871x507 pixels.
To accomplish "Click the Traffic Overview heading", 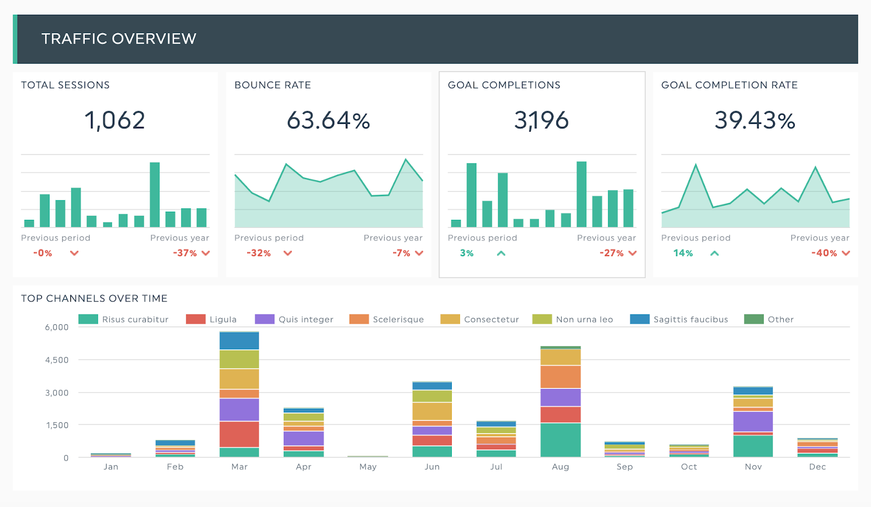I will click(119, 39).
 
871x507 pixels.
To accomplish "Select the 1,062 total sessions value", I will click(115, 120).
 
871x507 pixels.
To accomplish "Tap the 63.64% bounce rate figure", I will click(328, 120).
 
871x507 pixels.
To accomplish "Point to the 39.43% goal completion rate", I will click(755, 120).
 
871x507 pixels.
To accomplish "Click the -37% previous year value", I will click(185, 253).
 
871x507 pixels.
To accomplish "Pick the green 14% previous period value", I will click(683, 253).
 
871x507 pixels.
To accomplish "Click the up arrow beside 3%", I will click(501, 253).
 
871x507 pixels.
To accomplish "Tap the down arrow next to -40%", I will click(845, 253).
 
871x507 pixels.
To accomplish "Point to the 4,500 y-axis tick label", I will click(57, 360).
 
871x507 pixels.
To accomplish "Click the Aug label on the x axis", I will click(560, 467).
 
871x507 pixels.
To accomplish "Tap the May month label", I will click(368, 467).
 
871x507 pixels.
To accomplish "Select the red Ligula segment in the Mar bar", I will click(239, 434).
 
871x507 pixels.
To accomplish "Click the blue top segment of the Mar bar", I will click(239, 341).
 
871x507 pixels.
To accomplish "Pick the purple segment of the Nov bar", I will click(753, 422).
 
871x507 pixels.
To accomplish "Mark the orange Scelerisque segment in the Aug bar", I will click(560, 376).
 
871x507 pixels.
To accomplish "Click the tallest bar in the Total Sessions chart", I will click(155, 194).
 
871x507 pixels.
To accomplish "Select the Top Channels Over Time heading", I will click(94, 298).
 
